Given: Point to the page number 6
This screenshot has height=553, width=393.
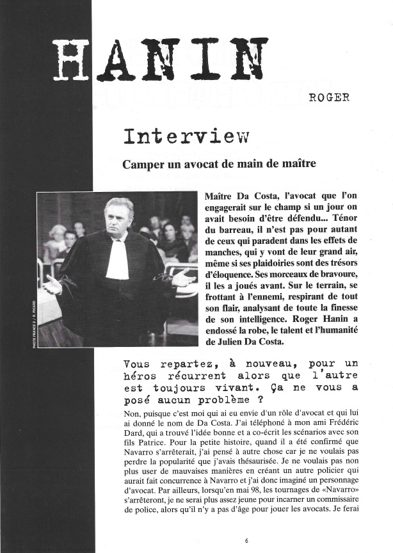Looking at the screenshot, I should (246, 540).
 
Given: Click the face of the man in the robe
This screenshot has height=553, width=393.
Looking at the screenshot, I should (118, 220).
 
